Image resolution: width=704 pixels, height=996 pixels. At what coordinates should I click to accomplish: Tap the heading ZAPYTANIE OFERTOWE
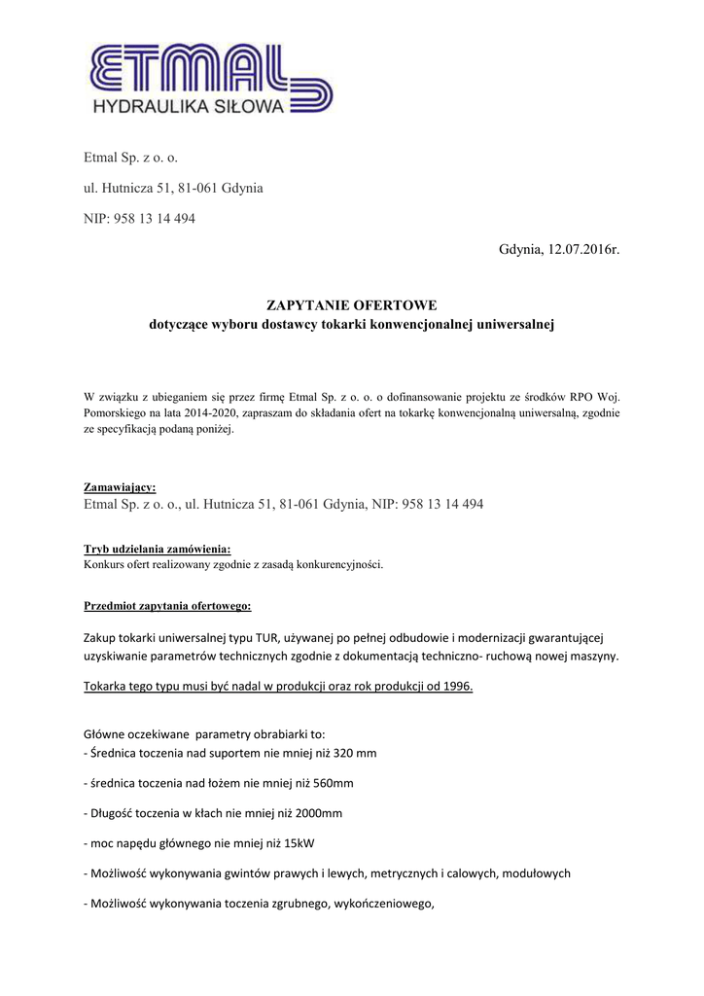tap(352, 305)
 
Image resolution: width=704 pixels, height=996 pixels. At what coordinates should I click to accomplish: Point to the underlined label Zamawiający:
tap(120, 487)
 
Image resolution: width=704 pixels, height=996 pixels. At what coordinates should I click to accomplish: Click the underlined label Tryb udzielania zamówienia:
tap(158, 549)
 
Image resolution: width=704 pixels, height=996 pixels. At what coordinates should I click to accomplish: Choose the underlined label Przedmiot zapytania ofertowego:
tap(167, 606)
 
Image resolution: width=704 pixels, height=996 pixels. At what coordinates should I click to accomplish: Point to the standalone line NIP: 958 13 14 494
tap(140, 219)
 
